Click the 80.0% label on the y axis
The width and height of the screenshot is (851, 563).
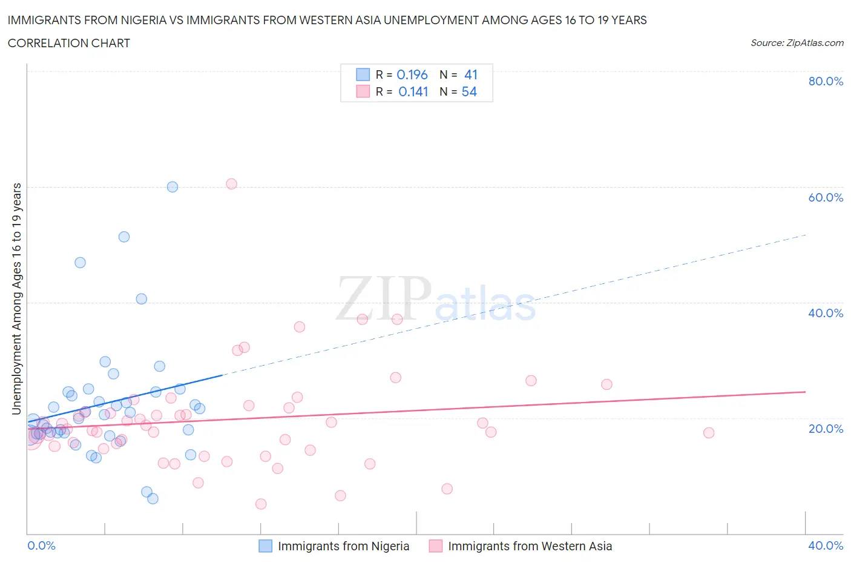[x=826, y=81]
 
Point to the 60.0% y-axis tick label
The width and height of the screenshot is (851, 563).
[x=826, y=197]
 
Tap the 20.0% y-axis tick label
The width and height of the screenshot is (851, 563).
[x=826, y=429]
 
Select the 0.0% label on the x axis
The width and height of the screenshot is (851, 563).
[x=41, y=545]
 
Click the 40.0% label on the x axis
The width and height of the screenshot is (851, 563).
[x=826, y=545]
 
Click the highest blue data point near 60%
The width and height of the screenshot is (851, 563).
[x=172, y=187]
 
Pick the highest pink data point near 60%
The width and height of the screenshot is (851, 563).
[x=231, y=184]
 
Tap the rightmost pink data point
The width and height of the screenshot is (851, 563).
[x=709, y=433]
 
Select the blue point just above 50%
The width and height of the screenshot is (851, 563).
[x=124, y=237]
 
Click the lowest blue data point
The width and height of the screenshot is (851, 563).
[x=153, y=499]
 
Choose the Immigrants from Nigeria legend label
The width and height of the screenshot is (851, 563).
[x=343, y=546]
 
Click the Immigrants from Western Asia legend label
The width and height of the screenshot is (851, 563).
[x=530, y=546]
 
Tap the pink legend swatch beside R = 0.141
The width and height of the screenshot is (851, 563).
[x=363, y=91]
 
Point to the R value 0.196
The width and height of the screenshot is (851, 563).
[x=412, y=74]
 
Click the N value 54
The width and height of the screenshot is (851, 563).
[x=469, y=91]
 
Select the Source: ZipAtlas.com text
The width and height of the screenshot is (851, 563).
[x=797, y=42]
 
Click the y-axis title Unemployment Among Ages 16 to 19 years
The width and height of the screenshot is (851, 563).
[x=16, y=299]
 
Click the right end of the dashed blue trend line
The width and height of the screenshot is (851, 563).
[x=806, y=235]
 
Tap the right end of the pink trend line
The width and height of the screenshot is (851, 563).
[x=806, y=392]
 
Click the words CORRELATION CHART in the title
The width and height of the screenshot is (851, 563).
[x=69, y=43]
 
